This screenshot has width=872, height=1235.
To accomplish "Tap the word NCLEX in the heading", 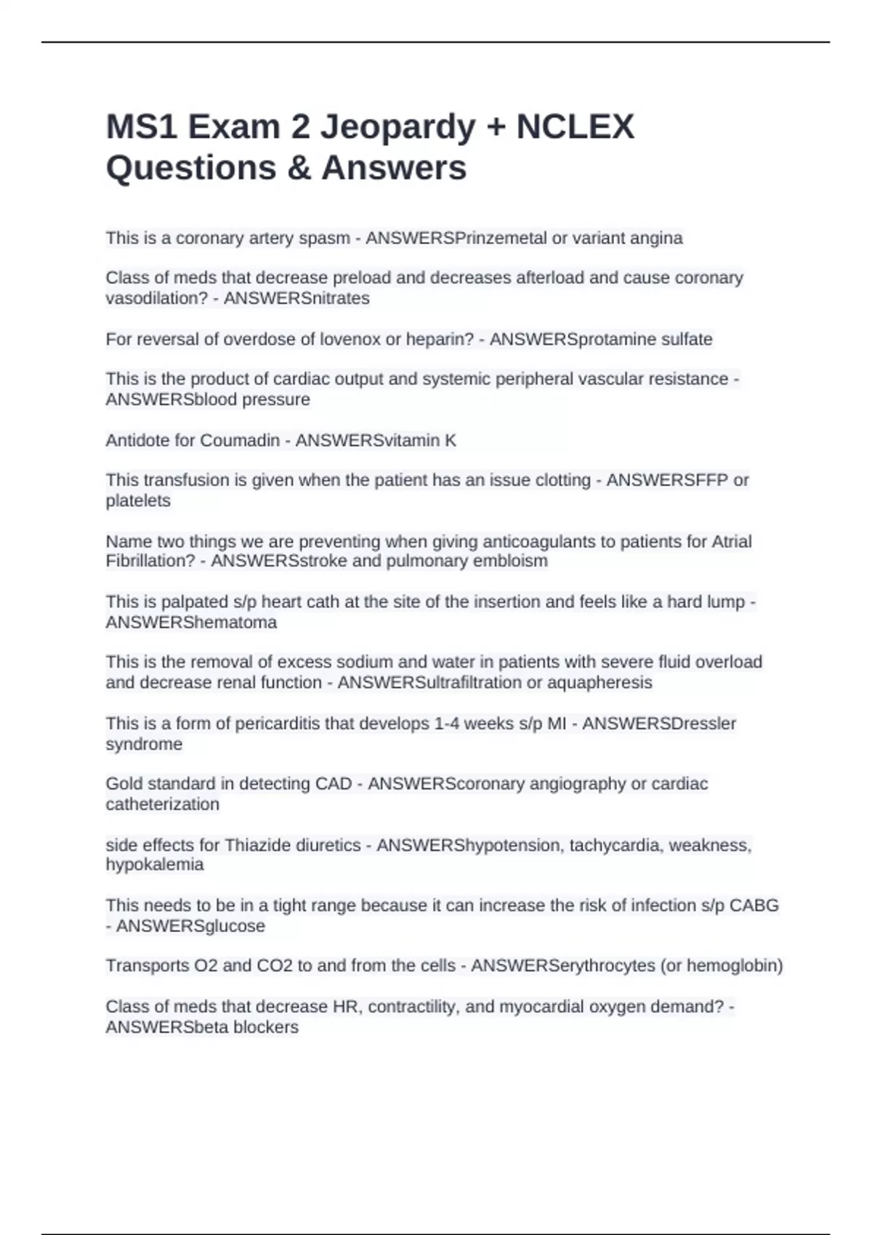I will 575,127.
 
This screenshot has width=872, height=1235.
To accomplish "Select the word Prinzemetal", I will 501,238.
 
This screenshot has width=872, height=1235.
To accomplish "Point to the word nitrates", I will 342,299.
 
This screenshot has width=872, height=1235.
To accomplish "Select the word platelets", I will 138,501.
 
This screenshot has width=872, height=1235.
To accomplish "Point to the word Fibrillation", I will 150,561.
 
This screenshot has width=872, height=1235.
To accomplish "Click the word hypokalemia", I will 154,864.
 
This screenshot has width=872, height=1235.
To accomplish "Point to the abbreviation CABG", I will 754,905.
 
